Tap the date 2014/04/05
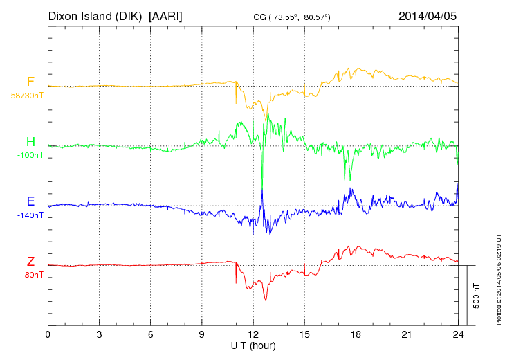click(428, 15)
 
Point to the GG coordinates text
click(291, 17)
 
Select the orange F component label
click(30, 82)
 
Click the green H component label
click(30, 143)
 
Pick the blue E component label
click(30, 202)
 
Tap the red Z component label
click(30, 262)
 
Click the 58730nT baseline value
click(27, 95)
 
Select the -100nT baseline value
click(30, 155)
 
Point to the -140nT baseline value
click(30, 215)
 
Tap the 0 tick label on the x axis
click(48, 335)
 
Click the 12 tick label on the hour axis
click(252, 335)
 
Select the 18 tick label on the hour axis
click(355, 335)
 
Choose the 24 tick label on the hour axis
click(457, 335)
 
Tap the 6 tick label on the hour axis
click(150, 335)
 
